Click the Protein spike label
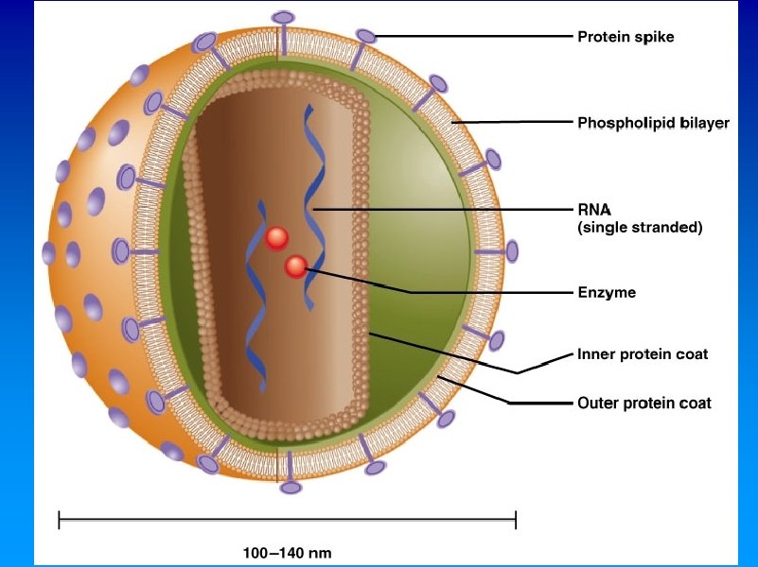pyautogui.click(x=626, y=38)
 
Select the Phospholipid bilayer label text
pyautogui.click(x=653, y=123)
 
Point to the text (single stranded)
pyautogui.click(x=640, y=228)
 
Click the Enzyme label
pyautogui.click(x=607, y=293)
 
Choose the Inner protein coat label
pyautogui.click(x=643, y=355)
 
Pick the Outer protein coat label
pyautogui.click(x=644, y=404)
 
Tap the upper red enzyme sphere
pyautogui.click(x=276, y=238)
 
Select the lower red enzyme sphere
pyautogui.click(x=296, y=267)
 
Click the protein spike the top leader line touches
pyautogui.click(x=366, y=37)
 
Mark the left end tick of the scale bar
pyautogui.click(x=59, y=519)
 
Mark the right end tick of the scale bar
pyautogui.click(x=515, y=519)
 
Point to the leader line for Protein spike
pyautogui.click(x=473, y=38)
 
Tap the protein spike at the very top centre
pyautogui.click(x=283, y=18)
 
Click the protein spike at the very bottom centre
pyautogui.click(x=290, y=488)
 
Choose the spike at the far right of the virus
pyautogui.click(x=512, y=251)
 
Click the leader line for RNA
pyautogui.click(x=445, y=209)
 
